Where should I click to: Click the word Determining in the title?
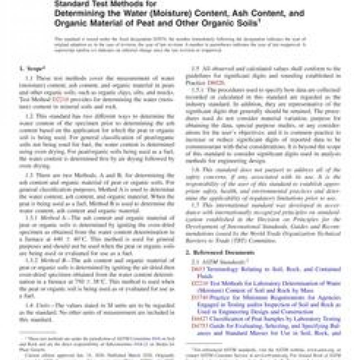click(78, 13)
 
